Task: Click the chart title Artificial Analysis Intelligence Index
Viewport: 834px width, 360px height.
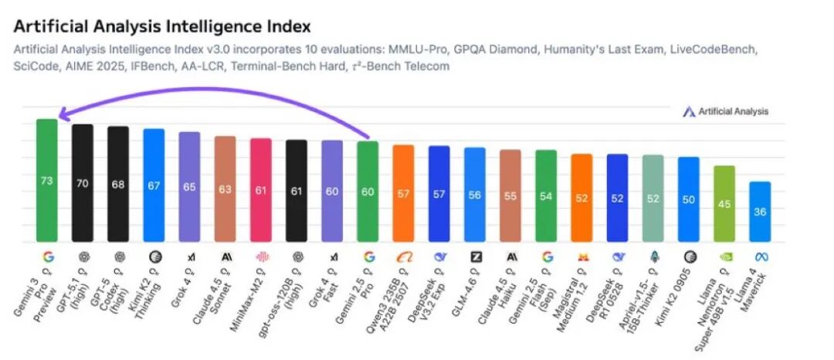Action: [162, 26]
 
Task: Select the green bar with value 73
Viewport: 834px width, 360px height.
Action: [47, 180]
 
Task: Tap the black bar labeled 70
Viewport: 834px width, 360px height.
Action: [83, 183]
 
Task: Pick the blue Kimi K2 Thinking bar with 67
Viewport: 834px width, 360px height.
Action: [154, 185]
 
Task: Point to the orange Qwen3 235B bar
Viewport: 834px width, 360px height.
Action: [403, 193]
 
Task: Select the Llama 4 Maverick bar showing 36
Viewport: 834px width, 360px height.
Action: [760, 211]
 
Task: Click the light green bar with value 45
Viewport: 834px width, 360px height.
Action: [724, 204]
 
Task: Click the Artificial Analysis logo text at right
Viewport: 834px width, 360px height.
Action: [733, 111]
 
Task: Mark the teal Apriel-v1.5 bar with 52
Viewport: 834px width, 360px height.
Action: [653, 198]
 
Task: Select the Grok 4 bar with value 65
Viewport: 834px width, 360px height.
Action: [189, 186]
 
